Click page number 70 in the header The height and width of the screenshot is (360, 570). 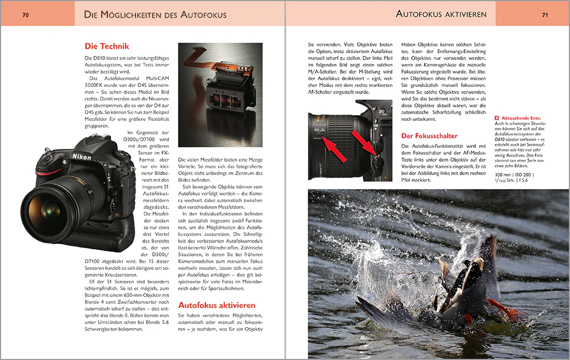pos(25,15)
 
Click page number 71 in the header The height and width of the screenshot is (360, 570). pos(545,15)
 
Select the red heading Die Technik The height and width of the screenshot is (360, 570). pos(107,47)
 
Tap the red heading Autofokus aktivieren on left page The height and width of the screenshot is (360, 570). pos(216,305)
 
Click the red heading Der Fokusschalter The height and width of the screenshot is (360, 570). pos(429,136)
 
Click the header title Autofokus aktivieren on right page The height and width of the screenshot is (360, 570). pos(441,14)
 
